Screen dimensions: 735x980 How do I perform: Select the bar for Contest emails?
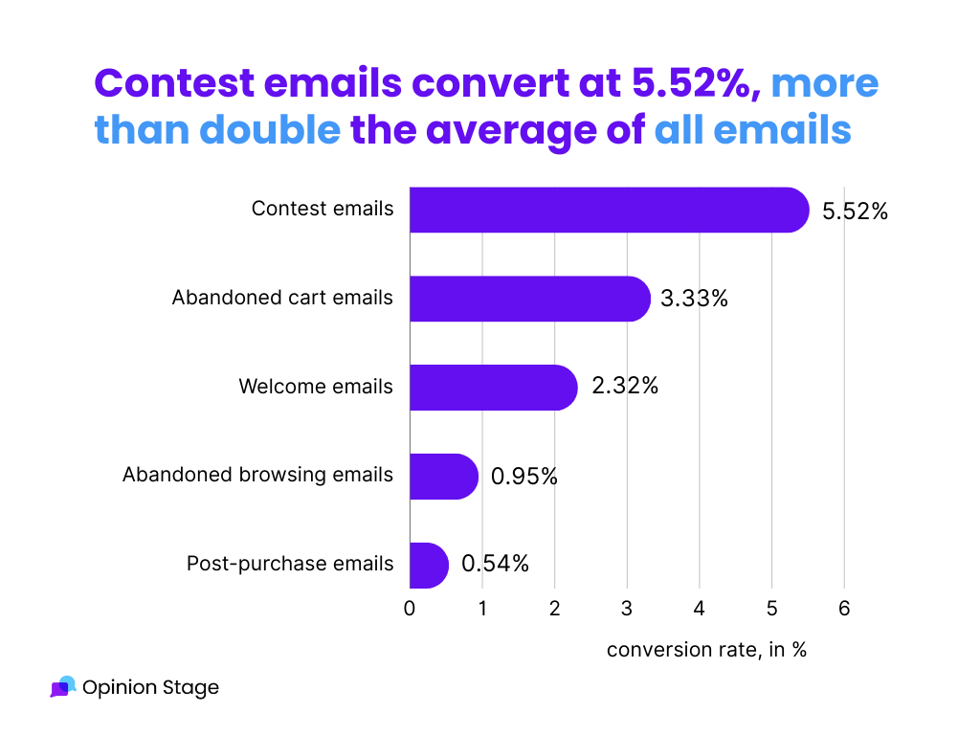[609, 210]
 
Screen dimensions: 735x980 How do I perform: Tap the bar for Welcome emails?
[493, 388]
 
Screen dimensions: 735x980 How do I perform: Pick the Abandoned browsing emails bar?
[443, 477]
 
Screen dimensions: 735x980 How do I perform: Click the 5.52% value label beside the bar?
[855, 212]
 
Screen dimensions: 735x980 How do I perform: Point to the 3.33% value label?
[694, 299]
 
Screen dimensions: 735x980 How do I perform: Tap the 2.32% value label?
[624, 388]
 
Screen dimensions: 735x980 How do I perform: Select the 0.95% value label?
[523, 477]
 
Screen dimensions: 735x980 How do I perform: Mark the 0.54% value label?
[495, 565]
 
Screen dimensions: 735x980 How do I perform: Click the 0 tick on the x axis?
[410, 609]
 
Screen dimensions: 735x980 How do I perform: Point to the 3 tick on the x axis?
[627, 609]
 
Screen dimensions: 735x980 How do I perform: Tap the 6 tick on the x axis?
[843, 609]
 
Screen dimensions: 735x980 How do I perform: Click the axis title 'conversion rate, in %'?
[706, 650]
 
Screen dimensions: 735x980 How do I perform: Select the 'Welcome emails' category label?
[316, 388]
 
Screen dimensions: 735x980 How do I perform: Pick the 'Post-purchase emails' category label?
[290, 565]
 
